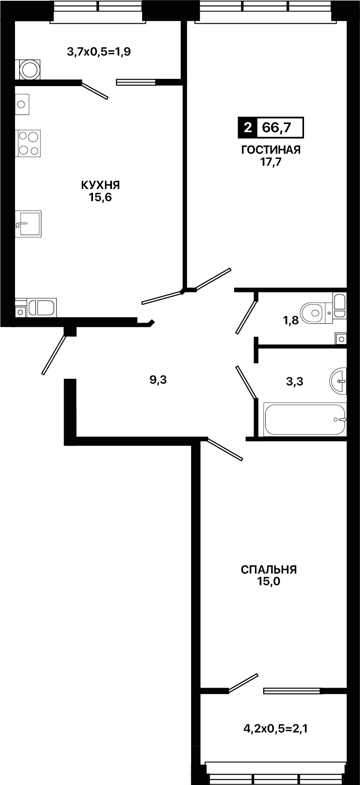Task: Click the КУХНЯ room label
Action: pyautogui.click(x=100, y=185)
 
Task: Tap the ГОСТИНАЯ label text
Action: pyautogui.click(x=270, y=150)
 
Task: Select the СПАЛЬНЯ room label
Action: pyautogui.click(x=269, y=570)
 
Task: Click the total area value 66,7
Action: pyautogui.click(x=279, y=128)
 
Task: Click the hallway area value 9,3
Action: pyautogui.click(x=158, y=380)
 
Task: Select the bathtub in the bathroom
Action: pyautogui.click(x=305, y=419)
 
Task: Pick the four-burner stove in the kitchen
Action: pyautogui.click(x=28, y=143)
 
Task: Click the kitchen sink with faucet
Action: pyautogui.click(x=28, y=223)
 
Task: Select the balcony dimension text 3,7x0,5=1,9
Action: pyautogui.click(x=99, y=52)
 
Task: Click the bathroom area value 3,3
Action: pyautogui.click(x=295, y=381)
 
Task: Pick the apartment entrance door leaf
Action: pyautogui.click(x=55, y=354)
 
